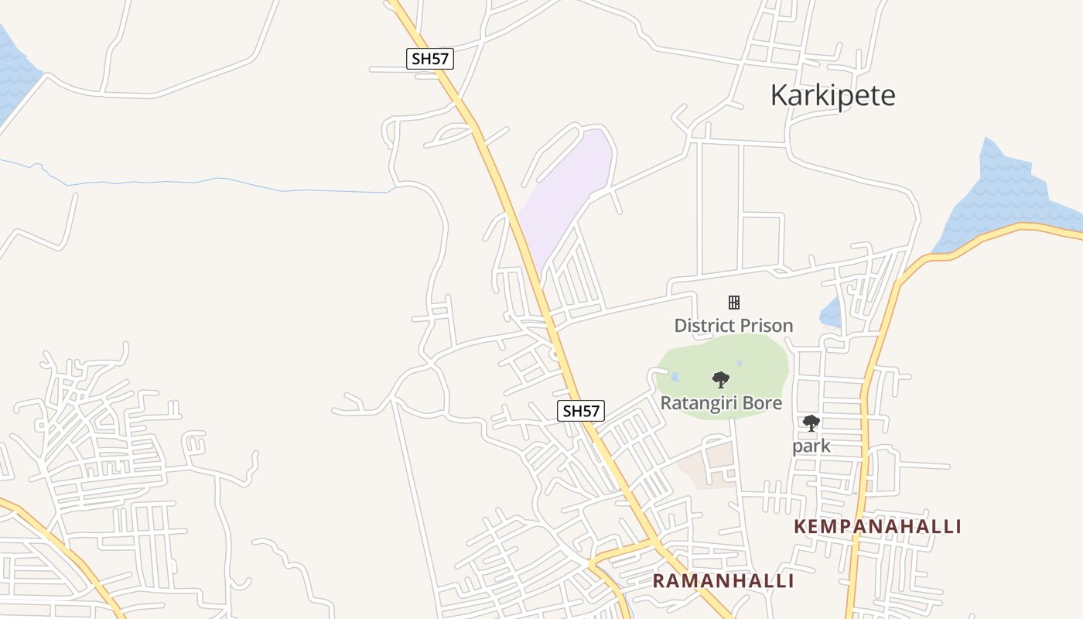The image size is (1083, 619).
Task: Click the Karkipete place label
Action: (x=832, y=95)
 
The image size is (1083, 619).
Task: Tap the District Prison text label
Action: (x=733, y=326)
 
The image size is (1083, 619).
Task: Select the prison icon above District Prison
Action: (x=733, y=303)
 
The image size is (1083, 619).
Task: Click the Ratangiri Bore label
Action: (x=721, y=403)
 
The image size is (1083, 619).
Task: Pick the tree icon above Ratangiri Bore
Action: (x=721, y=380)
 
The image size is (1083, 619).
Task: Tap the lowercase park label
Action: (x=811, y=446)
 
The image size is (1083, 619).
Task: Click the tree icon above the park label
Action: (x=811, y=422)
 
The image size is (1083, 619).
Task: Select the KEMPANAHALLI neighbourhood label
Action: (x=877, y=527)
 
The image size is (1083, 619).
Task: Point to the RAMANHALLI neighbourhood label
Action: (x=723, y=581)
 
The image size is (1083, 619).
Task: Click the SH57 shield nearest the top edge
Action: (x=430, y=59)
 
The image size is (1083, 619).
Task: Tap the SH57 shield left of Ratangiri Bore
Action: (x=581, y=411)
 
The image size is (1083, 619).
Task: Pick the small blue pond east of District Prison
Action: (x=830, y=313)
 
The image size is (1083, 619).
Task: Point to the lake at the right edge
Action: (x=1006, y=193)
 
